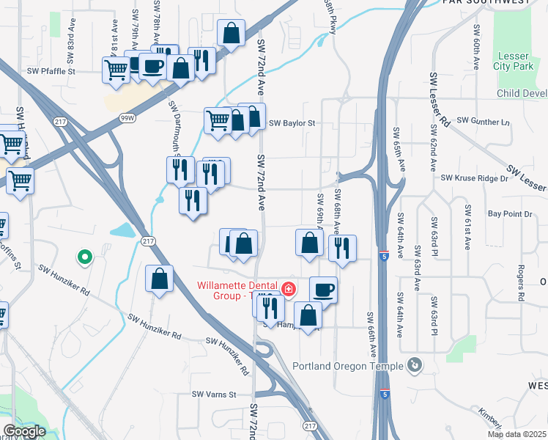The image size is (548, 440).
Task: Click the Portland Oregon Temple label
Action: pos(347,367)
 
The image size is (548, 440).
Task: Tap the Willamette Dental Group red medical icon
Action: pos(289,290)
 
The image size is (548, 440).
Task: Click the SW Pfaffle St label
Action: pos(51,72)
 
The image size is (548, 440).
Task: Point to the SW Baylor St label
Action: pos(291,123)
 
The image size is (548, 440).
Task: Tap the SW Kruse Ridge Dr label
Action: pos(474,178)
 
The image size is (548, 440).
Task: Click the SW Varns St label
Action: pos(214,395)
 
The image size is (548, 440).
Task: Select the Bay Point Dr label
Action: pos(508,214)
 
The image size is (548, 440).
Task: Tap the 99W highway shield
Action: pos(127,117)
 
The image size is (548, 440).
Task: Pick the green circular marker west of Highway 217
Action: pos(84,257)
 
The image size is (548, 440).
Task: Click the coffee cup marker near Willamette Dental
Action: pos(323,289)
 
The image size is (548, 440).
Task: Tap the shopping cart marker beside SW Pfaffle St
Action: pos(116,70)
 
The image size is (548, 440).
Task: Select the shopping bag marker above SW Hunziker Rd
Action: pos(159,279)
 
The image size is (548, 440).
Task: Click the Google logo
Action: pos(24,431)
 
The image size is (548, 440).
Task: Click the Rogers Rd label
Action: pos(522,282)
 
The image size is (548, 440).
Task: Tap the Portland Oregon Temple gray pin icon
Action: pos(415,364)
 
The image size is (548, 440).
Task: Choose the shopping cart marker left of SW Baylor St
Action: pos(218,120)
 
